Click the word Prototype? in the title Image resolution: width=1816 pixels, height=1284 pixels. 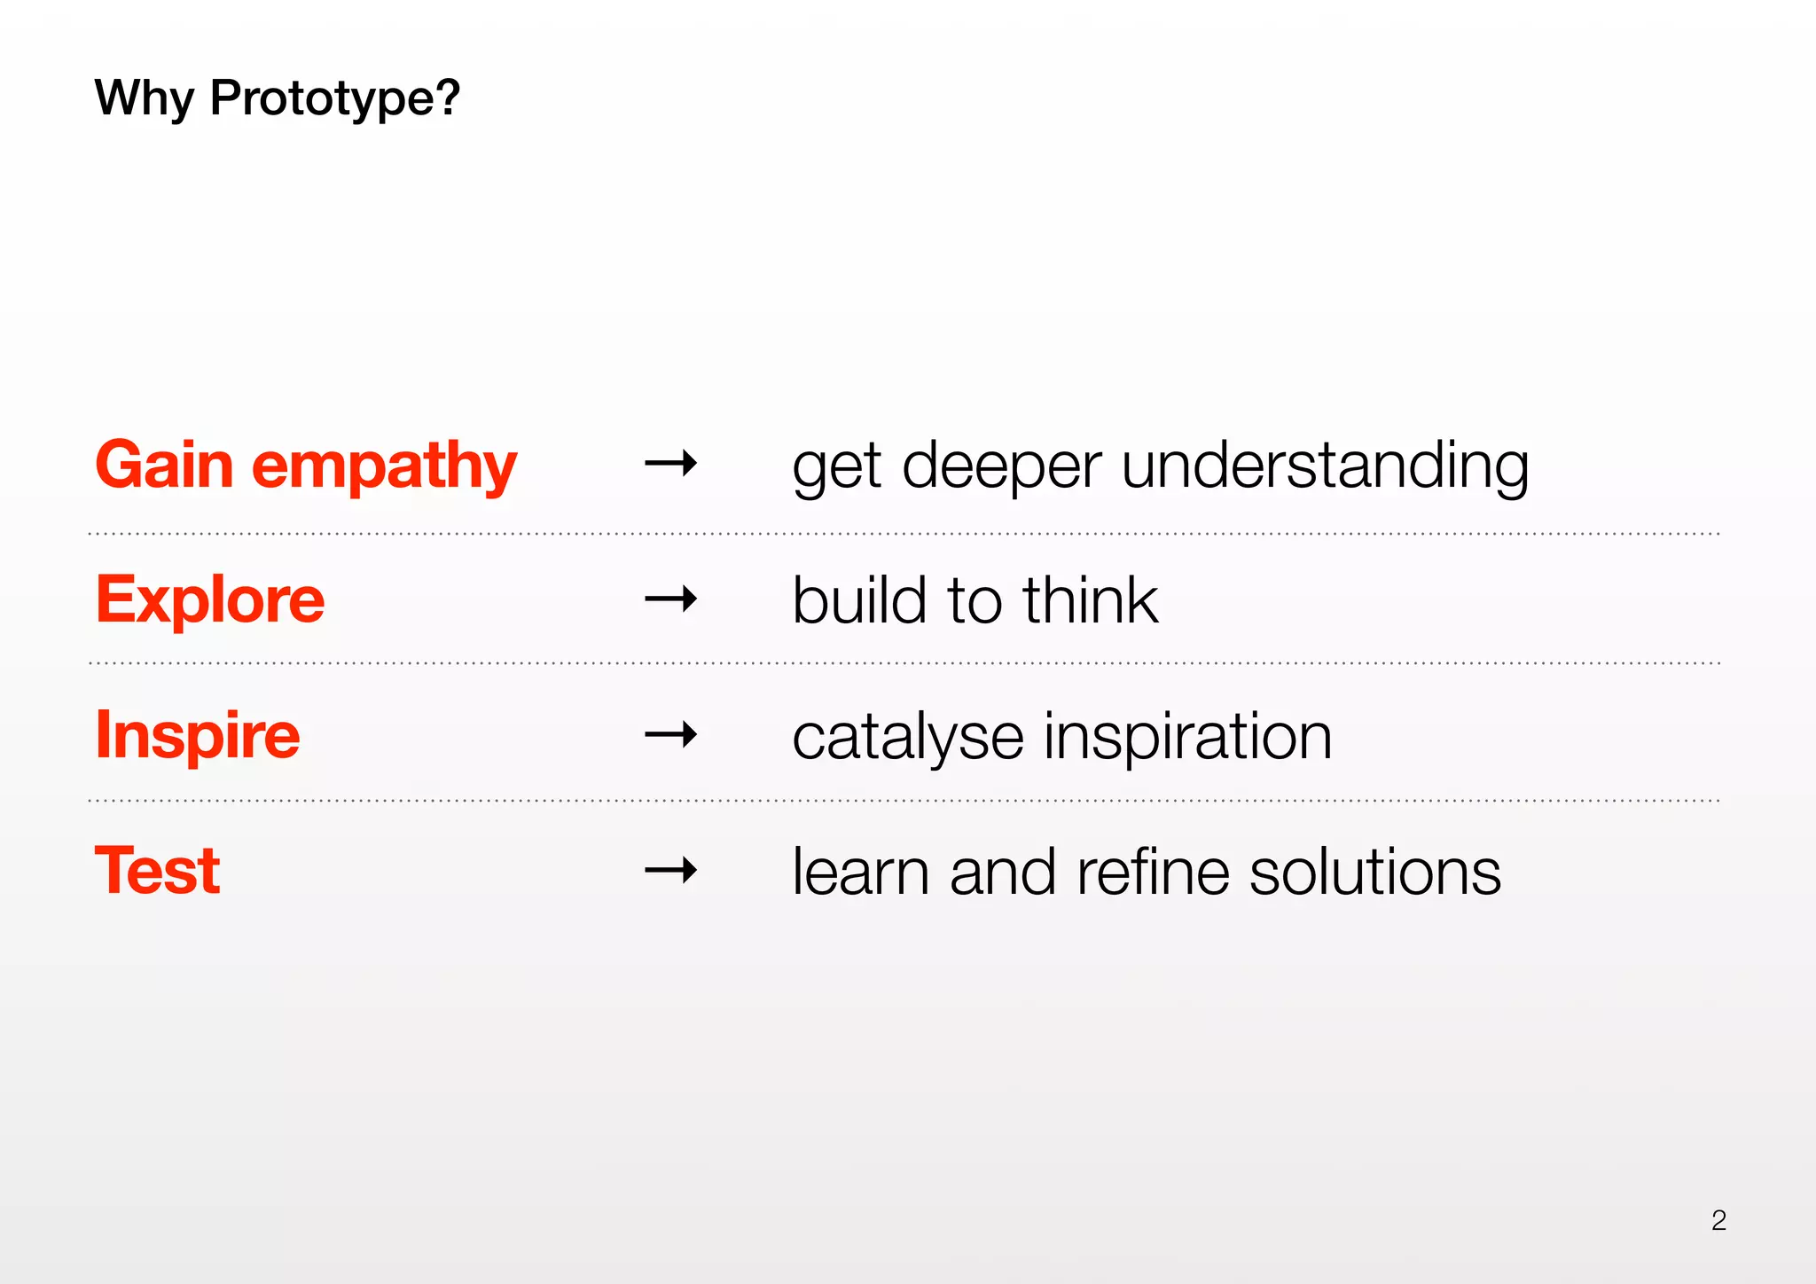pos(334,98)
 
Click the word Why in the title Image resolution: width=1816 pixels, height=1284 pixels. pos(144,98)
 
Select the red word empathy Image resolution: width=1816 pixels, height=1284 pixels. pos(384,466)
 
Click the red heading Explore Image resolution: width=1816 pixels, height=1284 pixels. pos(210,600)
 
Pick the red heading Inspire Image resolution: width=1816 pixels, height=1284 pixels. pos(198,735)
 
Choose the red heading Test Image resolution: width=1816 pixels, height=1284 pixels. pos(157,871)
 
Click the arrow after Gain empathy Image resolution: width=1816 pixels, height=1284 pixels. pos(671,463)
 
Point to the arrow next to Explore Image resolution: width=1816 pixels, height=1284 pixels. pos(671,600)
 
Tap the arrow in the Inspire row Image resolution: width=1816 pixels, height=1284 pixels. pos(671,735)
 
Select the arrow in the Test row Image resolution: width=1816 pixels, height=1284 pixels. pos(671,871)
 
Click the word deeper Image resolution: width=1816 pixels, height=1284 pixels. pos(1001,467)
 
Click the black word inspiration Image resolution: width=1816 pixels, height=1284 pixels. pos(1188,738)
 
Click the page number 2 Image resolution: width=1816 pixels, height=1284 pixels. pos(1718,1221)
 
